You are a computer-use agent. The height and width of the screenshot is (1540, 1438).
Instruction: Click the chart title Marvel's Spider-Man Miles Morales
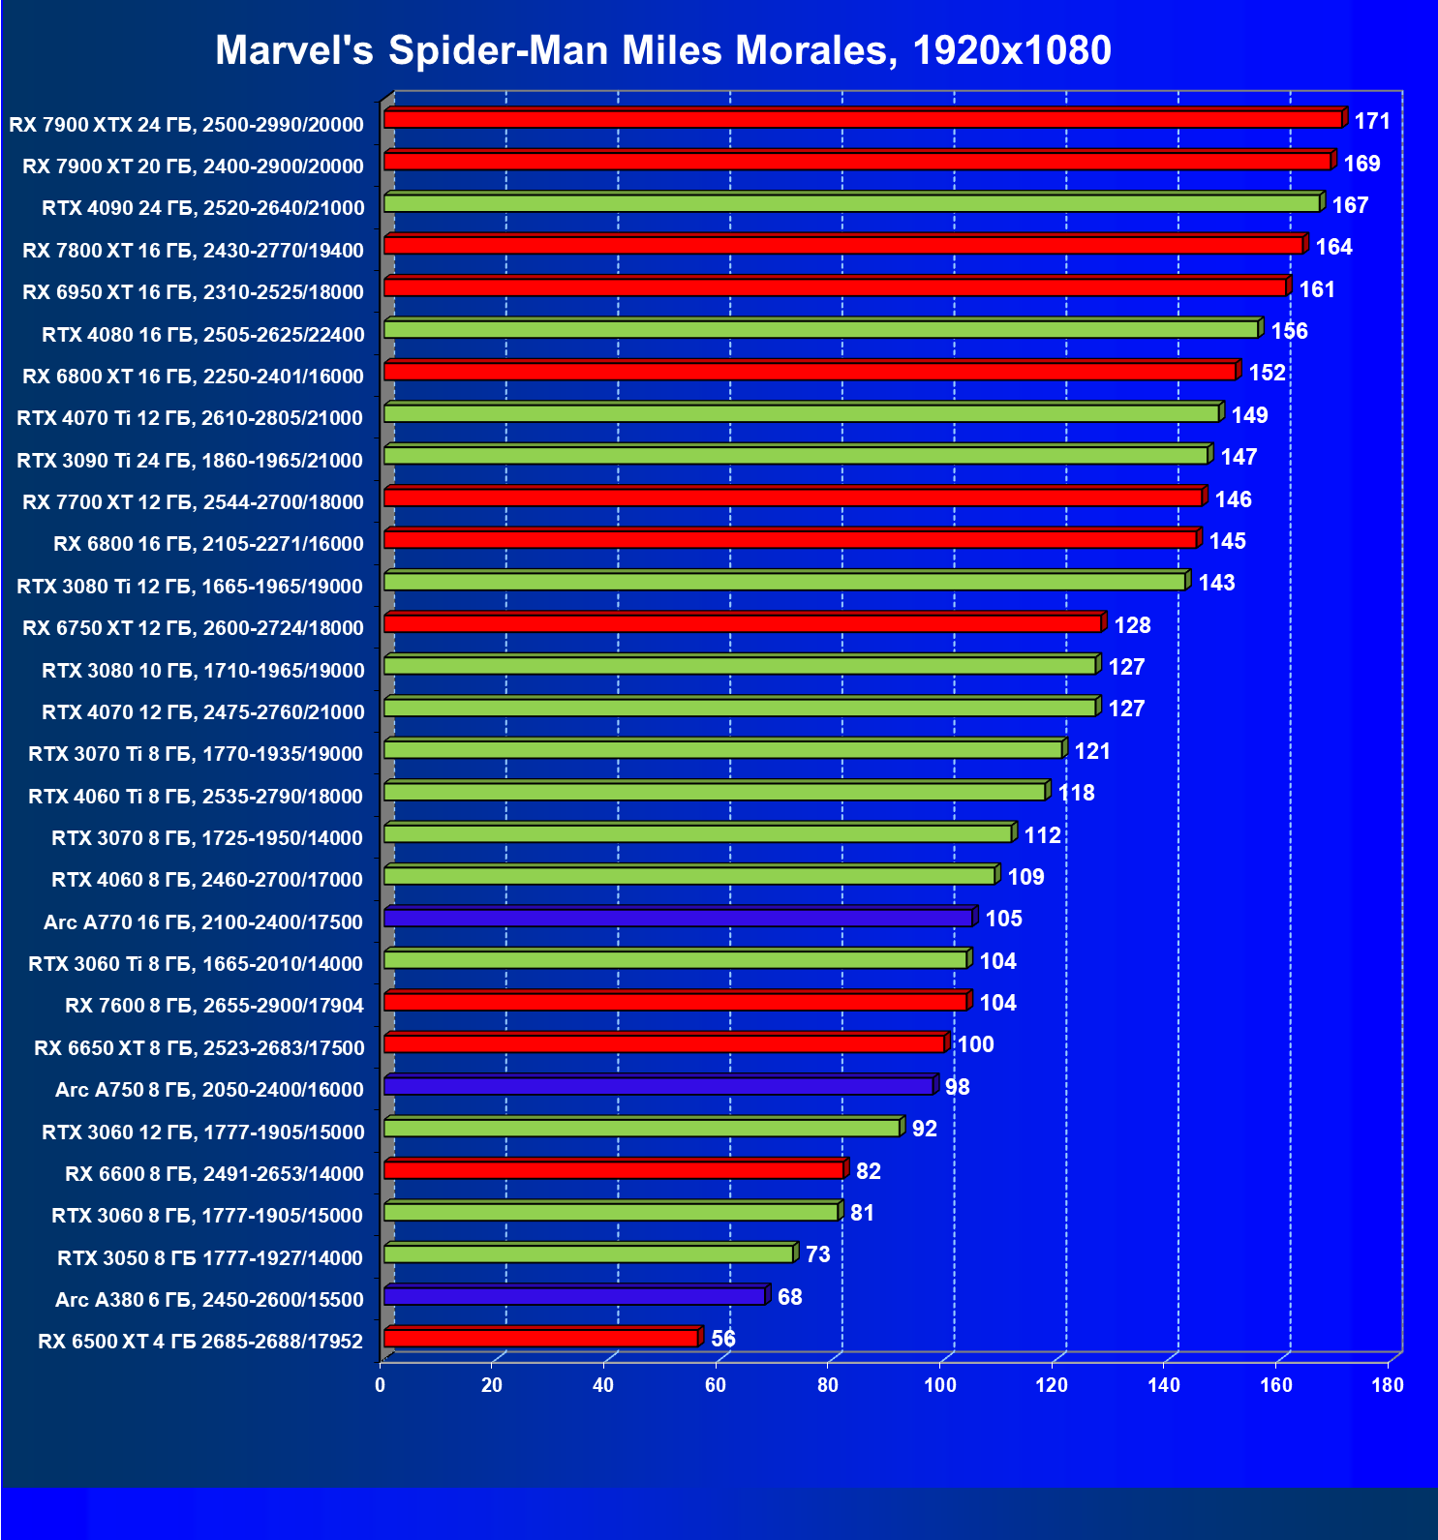tap(662, 50)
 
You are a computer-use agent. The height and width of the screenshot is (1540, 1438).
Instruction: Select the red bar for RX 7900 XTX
tap(862, 119)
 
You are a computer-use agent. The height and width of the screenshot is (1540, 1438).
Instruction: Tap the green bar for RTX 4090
tap(852, 203)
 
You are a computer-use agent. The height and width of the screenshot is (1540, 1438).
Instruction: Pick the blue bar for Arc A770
tap(678, 918)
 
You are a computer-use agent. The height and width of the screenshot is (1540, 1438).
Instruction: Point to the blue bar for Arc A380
tap(574, 1296)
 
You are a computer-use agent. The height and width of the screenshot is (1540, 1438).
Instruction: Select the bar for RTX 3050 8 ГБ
tap(588, 1254)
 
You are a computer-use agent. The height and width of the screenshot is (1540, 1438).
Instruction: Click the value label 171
tap(1372, 121)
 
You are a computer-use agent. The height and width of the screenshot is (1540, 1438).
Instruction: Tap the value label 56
tap(723, 1339)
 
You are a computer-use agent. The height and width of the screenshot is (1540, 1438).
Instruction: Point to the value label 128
tap(1132, 625)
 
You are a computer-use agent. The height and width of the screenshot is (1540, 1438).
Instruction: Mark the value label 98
tap(957, 1087)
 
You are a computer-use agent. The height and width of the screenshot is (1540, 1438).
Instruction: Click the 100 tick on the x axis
tap(939, 1385)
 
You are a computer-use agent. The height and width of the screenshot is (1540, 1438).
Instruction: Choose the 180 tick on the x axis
tap(1387, 1385)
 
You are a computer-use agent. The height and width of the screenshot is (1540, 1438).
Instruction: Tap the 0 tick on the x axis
tap(381, 1385)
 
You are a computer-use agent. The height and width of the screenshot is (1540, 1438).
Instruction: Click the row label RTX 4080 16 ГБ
tap(203, 335)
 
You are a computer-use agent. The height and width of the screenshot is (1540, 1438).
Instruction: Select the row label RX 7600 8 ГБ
tap(214, 1006)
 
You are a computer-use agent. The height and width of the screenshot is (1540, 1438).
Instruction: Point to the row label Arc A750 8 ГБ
tap(209, 1090)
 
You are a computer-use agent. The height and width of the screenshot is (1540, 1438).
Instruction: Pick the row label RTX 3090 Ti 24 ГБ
tap(190, 461)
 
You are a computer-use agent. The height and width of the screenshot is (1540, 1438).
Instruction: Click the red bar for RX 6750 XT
tap(742, 623)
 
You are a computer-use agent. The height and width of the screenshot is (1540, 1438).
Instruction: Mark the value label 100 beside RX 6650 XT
tap(975, 1044)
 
